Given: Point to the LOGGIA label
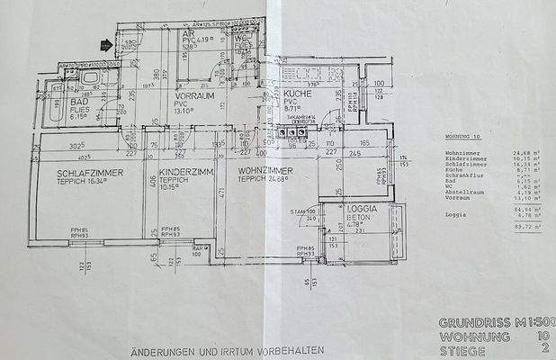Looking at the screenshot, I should point(361,208).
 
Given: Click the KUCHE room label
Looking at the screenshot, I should point(297,94).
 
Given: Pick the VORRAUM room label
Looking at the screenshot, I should point(193,94).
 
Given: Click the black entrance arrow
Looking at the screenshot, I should point(107,43).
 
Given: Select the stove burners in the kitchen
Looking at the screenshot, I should point(293,133).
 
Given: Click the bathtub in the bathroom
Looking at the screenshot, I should point(89,79).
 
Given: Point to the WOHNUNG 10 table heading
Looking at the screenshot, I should point(464,138).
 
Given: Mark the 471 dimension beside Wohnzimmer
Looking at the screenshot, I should point(218,192).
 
